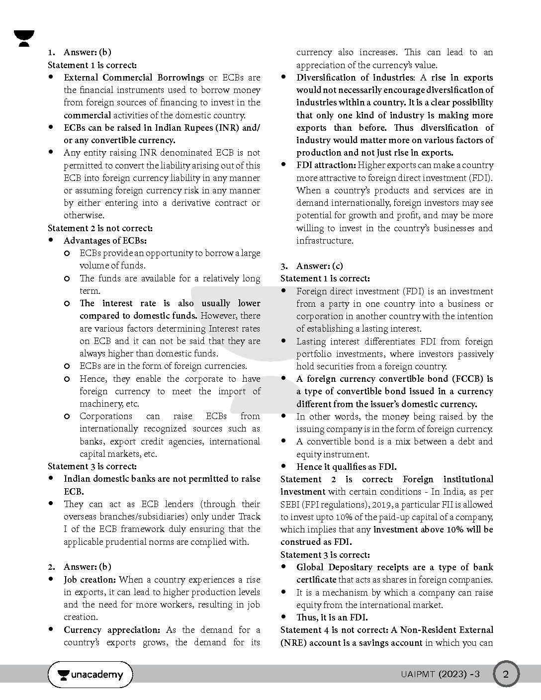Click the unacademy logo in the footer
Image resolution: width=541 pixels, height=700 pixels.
(x=90, y=675)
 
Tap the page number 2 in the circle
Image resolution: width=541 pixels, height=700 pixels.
(x=506, y=675)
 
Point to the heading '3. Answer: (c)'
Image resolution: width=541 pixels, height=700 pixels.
(x=312, y=266)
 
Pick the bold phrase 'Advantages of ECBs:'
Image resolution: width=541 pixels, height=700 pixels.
(x=105, y=241)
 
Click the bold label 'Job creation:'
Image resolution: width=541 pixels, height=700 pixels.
(x=90, y=580)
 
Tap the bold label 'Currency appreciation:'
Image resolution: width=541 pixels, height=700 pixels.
(x=112, y=630)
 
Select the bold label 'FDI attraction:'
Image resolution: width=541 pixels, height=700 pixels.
(x=326, y=165)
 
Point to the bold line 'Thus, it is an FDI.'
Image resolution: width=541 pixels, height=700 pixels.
(x=332, y=617)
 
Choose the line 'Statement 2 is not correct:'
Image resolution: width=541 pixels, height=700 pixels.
(x=100, y=228)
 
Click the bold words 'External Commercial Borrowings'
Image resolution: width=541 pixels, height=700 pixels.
(x=134, y=78)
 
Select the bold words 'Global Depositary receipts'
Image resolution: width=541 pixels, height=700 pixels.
(x=352, y=567)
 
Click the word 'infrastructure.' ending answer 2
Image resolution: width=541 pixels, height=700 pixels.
(x=325, y=241)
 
